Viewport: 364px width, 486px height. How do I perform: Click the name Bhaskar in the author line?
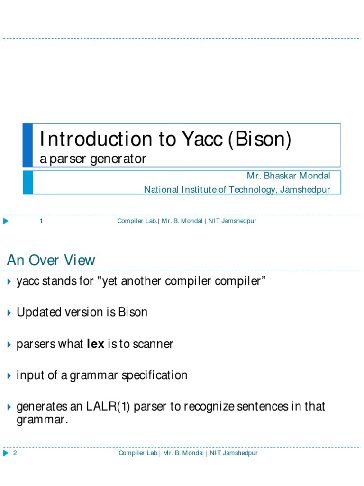pos(283,176)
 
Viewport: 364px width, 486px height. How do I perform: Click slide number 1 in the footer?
pos(42,221)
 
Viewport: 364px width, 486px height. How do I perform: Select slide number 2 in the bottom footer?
pos(15,453)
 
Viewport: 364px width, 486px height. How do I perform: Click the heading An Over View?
pos(51,260)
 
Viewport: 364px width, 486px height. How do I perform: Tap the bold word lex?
pos(95,344)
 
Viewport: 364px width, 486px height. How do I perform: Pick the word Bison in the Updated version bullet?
pos(133,312)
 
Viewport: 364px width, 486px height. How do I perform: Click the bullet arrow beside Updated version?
pos(9,313)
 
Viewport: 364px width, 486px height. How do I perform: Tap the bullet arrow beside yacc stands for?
pos(9,281)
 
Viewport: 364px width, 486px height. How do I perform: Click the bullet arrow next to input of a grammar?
pos(9,376)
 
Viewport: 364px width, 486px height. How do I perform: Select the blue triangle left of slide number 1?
pos(6,221)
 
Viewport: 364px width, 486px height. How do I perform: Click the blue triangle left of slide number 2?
pos(6,453)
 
